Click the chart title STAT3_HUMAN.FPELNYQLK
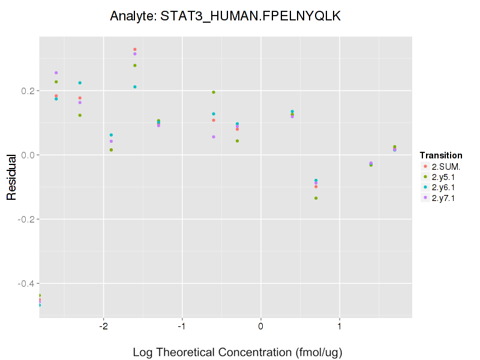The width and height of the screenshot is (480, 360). pos(226,17)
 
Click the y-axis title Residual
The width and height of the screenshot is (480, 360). pos(11,176)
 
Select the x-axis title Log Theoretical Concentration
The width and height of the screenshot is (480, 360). pos(238,352)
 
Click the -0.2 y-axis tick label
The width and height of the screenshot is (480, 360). pos(23,220)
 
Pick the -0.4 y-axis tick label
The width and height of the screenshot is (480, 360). pos(23,283)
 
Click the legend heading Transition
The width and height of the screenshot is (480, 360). pos(441,155)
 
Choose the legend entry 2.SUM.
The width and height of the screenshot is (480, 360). pos(443,166)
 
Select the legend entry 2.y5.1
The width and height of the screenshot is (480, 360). pos(443,176)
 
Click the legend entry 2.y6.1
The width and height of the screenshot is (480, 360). pos(443,187)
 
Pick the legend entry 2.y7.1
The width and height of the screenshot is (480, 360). pos(443,198)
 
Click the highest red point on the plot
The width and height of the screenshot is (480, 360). pos(135,49)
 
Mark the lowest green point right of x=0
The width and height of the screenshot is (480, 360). pos(316,198)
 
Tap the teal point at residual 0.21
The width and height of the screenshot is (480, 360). pos(135,87)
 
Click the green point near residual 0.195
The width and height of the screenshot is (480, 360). pos(214,92)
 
